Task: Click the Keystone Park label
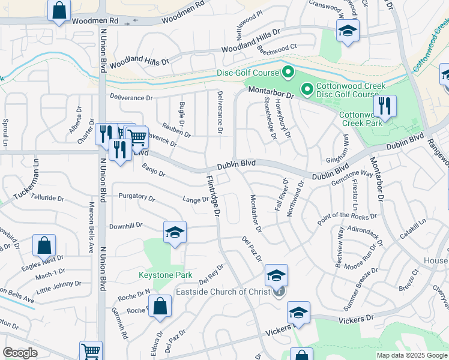click(x=165, y=275)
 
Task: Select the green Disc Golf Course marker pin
click(x=288, y=73)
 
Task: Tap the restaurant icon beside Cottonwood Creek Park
click(x=384, y=107)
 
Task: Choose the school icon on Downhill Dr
click(x=175, y=232)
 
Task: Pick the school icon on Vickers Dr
click(x=298, y=313)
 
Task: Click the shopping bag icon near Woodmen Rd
click(x=59, y=10)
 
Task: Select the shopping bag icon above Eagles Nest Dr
click(x=44, y=245)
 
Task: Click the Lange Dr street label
click(x=196, y=200)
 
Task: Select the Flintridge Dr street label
click(x=214, y=195)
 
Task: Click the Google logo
click(x=20, y=353)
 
